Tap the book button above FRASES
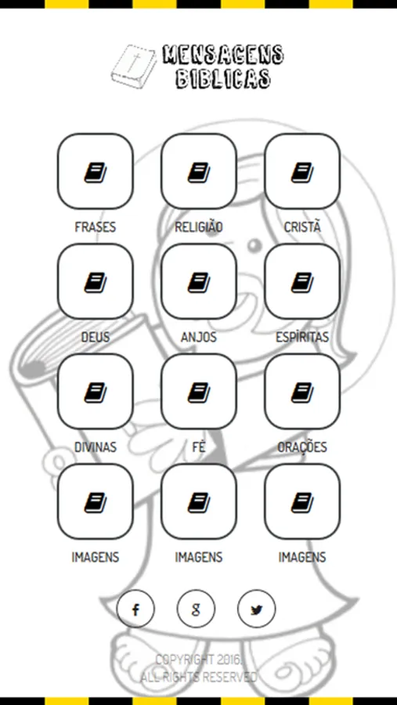96,172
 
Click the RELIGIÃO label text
199,227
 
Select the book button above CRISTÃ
302,172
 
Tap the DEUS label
96,338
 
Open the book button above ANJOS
199,281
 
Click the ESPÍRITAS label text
302,338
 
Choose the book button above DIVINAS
96,392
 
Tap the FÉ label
199,447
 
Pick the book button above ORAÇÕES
302,392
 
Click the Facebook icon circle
135,609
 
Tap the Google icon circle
196,609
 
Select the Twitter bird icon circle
256,609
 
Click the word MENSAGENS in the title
223,55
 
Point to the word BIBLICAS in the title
223,78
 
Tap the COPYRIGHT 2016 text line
199,660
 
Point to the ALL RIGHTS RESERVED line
199,676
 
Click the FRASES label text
96,227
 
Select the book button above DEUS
96,281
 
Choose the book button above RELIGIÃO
199,172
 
